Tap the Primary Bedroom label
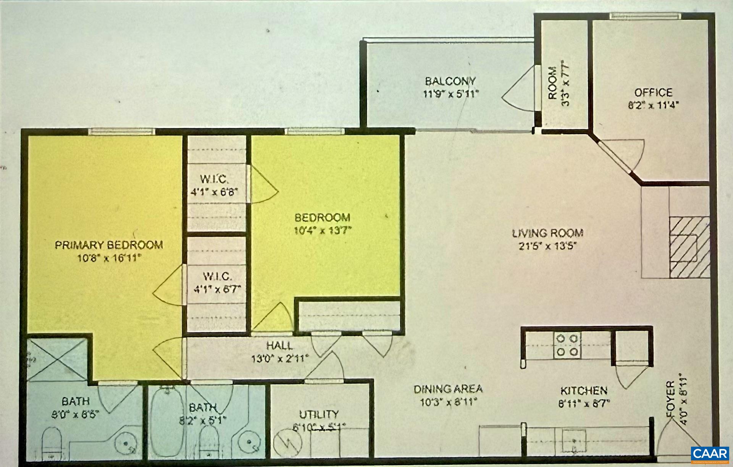109,245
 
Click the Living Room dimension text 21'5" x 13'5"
547,246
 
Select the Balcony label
450,81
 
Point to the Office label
653,92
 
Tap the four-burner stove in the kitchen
567,345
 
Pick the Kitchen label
584,391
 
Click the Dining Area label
448,389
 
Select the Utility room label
319,414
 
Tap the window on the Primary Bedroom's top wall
122,131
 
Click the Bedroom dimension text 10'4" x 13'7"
323,230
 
